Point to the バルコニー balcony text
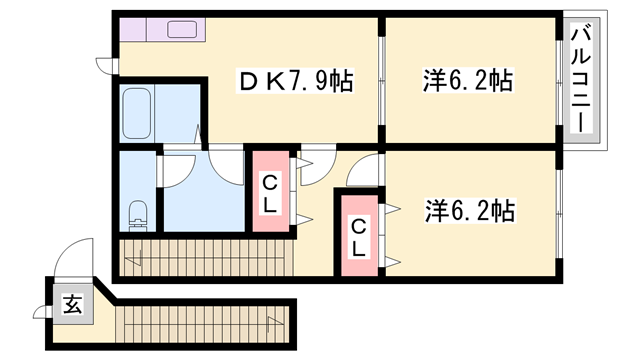coord(580,80)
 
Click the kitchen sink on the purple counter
coord(182,29)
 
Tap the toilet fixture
coord(140,214)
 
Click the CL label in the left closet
coord(270,193)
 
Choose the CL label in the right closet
coord(358,238)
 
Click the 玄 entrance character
coord(72,304)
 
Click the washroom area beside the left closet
coord(203,195)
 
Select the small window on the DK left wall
coord(113,66)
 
